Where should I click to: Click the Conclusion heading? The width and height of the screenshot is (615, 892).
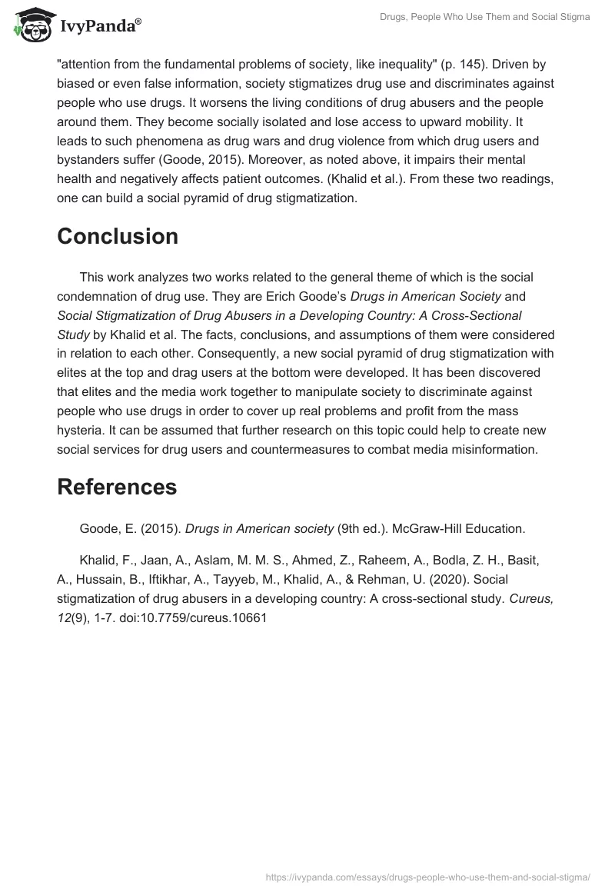(x=118, y=236)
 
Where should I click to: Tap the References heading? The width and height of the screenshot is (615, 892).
(x=117, y=487)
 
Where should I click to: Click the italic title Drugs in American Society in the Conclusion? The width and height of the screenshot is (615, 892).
(x=425, y=296)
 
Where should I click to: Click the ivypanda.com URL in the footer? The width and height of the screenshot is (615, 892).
(x=427, y=876)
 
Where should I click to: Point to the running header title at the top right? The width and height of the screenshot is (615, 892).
(x=485, y=17)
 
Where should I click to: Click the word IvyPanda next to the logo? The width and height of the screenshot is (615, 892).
(x=100, y=27)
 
